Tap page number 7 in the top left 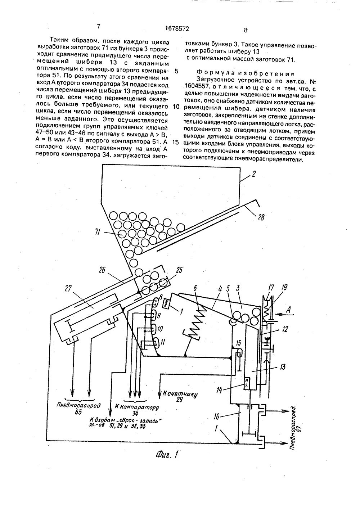[x=98, y=26]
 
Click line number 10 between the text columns [x=176, y=107]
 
